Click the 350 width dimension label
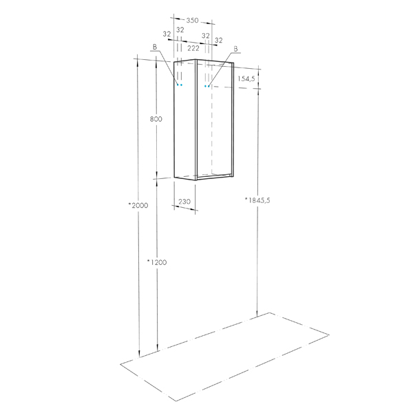point(192,20)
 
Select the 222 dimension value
point(193,48)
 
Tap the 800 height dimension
point(156,119)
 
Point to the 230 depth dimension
point(184,202)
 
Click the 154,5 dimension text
point(246,78)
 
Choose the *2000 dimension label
point(138,205)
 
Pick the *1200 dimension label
point(157,262)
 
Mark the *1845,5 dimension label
point(257,200)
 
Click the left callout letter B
point(155,47)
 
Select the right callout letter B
point(235,49)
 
